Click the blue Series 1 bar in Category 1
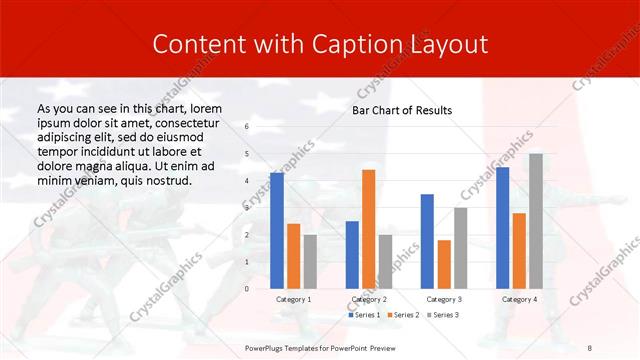[x=277, y=230]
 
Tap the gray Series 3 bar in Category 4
[x=536, y=221]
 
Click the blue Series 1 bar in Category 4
[x=503, y=228]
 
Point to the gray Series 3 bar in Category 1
[x=310, y=261]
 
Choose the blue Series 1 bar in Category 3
[x=427, y=241]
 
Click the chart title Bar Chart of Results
[x=402, y=110]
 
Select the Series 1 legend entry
[x=364, y=315]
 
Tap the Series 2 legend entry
[x=402, y=315]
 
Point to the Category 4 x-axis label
[x=519, y=298]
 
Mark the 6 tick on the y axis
[x=247, y=126]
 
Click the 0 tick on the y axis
[x=247, y=288]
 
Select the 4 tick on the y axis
[x=247, y=180]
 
